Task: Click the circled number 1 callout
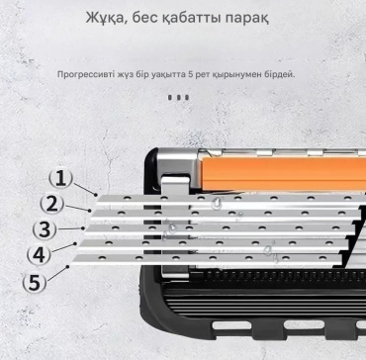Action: tap(60, 179)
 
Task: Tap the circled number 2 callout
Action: tap(51, 205)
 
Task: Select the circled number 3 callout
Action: tap(45, 229)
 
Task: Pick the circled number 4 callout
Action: tap(40, 255)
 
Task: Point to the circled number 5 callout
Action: tap(34, 282)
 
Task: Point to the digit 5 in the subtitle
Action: tap(190, 74)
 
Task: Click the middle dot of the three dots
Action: tap(178, 97)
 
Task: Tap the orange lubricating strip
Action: tap(284, 174)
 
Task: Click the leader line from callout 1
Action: tap(84, 189)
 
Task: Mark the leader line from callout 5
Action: tap(57, 273)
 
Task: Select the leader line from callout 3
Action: tap(69, 228)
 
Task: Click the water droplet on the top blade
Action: tap(217, 202)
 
